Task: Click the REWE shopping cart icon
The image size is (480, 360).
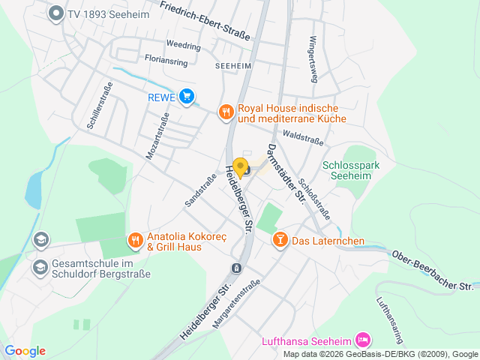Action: [187, 96]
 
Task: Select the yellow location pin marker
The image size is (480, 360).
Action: [241, 167]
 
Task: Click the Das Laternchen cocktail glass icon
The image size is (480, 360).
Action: [280, 240]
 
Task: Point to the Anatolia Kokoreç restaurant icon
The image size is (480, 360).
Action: [135, 240]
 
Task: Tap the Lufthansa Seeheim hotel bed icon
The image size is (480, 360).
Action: [364, 340]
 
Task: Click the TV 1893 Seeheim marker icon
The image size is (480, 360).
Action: [55, 13]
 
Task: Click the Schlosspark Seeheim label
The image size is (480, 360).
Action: [352, 171]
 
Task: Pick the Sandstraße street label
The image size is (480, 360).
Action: [194, 191]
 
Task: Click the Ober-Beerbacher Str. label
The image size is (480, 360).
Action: [433, 271]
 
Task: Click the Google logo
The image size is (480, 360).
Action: [25, 351]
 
